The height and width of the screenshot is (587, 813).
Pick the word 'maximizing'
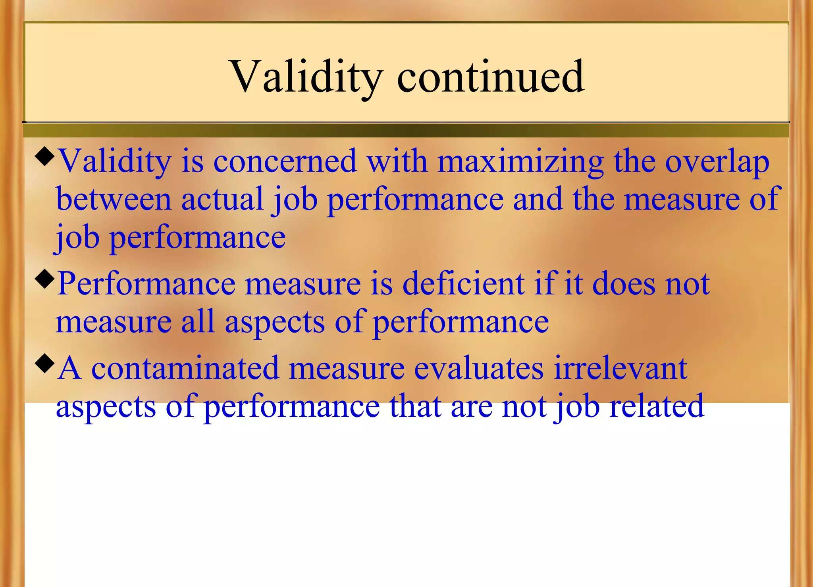point(521,162)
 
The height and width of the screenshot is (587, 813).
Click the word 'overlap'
point(717,162)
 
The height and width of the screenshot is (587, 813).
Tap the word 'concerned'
point(285,162)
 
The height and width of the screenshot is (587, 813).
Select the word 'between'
point(114,199)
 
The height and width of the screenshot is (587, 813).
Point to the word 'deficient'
point(463,284)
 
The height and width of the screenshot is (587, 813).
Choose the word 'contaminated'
point(185,368)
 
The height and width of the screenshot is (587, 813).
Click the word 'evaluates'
point(479,368)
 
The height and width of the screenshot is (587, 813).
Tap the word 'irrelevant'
point(620,368)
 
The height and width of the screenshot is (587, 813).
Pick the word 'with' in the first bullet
point(397,162)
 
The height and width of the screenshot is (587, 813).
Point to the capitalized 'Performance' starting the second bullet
point(146,284)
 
